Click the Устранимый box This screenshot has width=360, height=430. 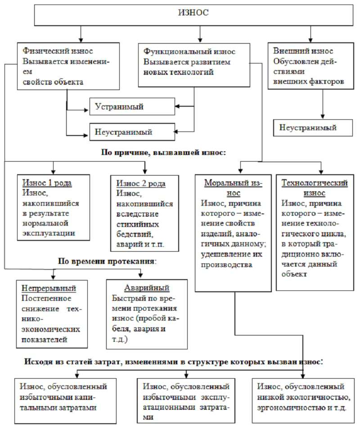tap(131, 106)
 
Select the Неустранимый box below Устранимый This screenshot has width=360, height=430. tap(131, 132)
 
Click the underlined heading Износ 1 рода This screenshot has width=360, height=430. tap(47, 183)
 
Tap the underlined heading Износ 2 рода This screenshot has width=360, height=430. tap(141, 184)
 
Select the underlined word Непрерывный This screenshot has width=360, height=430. tap(49, 288)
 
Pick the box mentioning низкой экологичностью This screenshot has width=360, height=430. tap(304, 398)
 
